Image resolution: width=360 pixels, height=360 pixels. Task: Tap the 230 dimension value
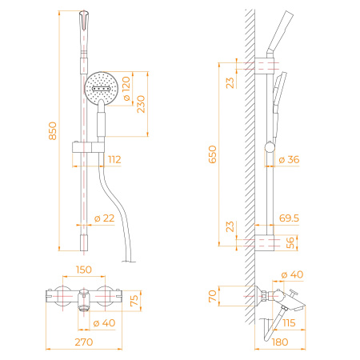click(x=141, y=104)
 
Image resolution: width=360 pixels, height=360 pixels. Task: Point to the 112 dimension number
click(x=114, y=160)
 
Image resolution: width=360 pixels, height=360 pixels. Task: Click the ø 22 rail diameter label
click(x=103, y=218)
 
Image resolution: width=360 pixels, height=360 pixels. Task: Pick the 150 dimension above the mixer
click(x=82, y=270)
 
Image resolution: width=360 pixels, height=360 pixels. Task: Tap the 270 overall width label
click(x=82, y=342)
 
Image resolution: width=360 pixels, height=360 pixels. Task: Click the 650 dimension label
click(x=213, y=154)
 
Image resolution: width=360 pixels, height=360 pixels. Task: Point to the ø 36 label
click(x=288, y=160)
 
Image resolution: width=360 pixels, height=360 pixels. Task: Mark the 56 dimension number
click(x=290, y=243)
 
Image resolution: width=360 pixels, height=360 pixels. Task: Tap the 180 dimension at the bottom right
click(x=280, y=342)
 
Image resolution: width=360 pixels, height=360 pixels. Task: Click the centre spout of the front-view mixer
click(x=82, y=305)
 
